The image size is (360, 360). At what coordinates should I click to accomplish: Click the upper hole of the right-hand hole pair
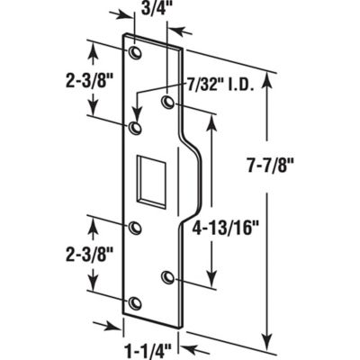click(168, 103)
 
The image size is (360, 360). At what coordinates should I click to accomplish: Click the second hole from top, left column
click(135, 130)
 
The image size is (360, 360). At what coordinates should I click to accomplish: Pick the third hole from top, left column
click(135, 228)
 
